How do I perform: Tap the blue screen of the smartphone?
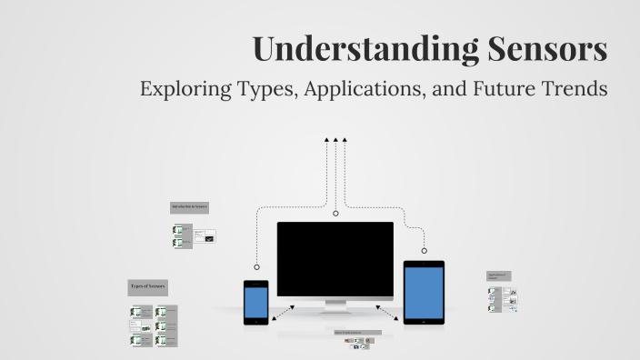coord(255,302)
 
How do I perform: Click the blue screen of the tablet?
coord(424,293)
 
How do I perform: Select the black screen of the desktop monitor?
coord(335,259)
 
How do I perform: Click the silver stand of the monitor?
coord(335,306)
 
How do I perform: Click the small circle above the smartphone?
coord(257,267)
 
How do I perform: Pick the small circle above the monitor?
coord(335,214)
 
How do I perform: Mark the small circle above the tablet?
coord(424,250)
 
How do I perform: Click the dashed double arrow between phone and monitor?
coord(283,313)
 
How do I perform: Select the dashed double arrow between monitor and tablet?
coord(388,313)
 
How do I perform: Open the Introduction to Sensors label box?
coord(190,207)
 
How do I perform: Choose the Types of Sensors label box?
coord(147,287)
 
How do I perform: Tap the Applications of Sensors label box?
coord(498,275)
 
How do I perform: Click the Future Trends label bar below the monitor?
coord(357,333)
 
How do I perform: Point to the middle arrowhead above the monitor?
coord(335,140)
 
